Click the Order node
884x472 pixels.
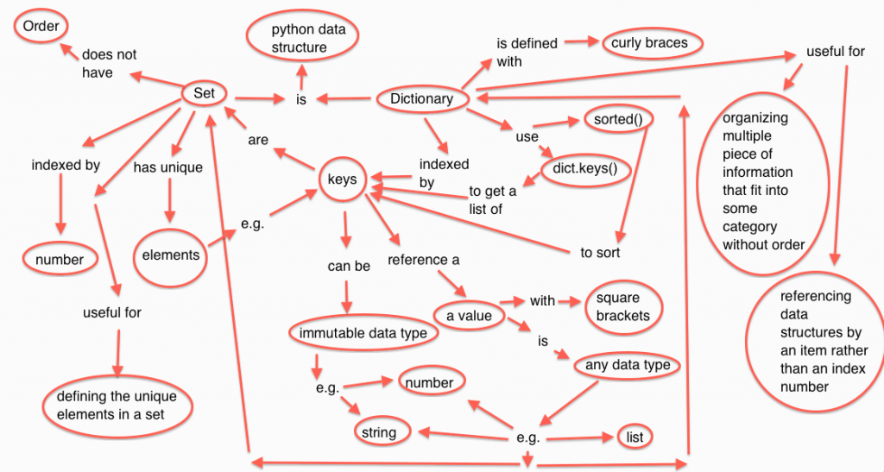[x=41, y=26]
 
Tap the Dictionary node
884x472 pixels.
[x=421, y=98]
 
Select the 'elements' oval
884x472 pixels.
[x=172, y=254]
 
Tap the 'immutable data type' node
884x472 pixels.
[x=363, y=333]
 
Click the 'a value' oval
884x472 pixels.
[x=468, y=316]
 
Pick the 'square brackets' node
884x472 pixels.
[x=622, y=306]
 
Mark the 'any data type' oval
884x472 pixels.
[x=627, y=365]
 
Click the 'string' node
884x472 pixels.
[x=379, y=431]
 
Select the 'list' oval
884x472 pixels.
[x=631, y=436]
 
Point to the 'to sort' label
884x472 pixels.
[x=599, y=253]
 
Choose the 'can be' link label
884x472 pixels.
[x=348, y=266]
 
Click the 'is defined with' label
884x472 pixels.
[x=526, y=52]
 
